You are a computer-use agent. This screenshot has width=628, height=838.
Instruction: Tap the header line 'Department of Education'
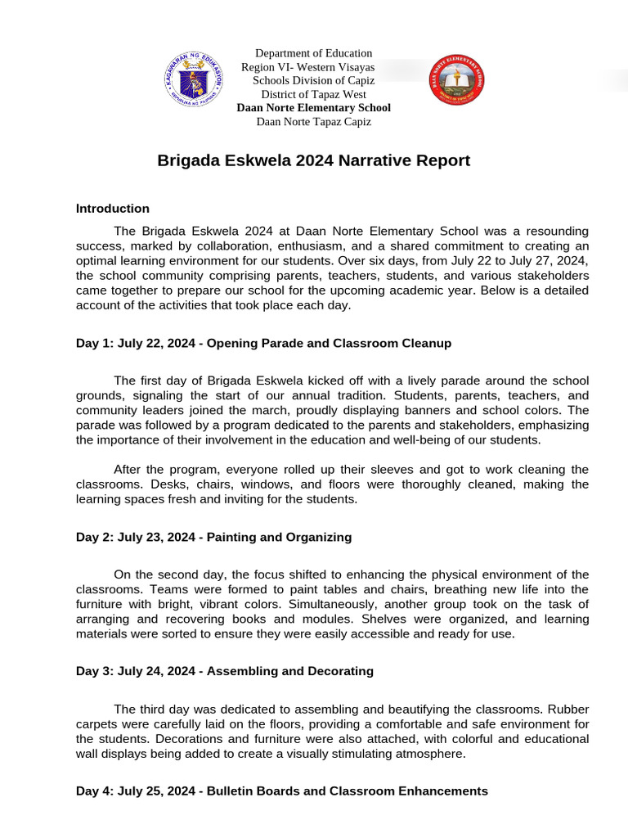313,53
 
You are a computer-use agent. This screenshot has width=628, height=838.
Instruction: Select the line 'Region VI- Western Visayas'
307,67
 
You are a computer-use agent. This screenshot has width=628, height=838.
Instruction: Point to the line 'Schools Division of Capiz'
313,80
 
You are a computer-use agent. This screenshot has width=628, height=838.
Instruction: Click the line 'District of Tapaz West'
313,94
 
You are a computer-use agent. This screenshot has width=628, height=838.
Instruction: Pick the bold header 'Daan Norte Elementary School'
313,108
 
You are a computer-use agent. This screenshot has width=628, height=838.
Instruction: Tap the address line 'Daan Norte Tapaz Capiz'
313,122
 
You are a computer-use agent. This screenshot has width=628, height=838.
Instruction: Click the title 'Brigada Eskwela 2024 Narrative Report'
313,160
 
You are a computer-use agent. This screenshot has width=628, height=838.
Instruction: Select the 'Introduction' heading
113,209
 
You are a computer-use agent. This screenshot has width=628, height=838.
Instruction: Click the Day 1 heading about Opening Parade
263,343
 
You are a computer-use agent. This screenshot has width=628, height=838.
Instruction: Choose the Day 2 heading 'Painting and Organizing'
213,537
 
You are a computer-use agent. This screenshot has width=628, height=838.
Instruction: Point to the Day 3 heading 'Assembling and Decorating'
225,671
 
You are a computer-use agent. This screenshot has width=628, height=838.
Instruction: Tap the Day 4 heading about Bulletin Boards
282,791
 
